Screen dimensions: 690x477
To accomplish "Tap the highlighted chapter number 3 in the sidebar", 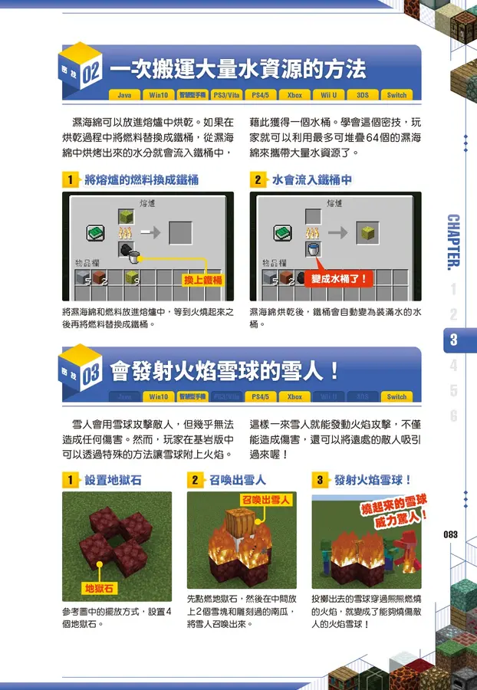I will pos(454,340).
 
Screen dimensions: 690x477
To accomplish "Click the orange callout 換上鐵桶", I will pos(202,280).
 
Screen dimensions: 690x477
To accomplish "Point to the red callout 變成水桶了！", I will pos(339,279).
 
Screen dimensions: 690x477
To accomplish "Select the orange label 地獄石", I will pos(99,588).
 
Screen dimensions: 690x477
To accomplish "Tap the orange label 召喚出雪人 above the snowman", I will pos(265,500).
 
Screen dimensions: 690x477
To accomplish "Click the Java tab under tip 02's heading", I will pos(124,96).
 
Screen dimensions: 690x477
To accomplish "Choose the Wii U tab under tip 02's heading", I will pos(328,96).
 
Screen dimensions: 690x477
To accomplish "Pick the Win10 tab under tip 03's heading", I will pos(159,397).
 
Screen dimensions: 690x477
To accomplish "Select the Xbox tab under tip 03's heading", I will pos(294,397).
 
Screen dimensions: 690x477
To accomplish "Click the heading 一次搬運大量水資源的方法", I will pos(238,71).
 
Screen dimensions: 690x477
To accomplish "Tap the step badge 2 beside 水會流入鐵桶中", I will pos(258,180).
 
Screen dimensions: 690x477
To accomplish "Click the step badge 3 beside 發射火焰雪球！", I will pos(319,481).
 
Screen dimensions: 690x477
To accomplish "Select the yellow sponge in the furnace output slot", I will pos(367,232).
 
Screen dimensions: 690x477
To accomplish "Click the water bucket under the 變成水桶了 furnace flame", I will pos(312,248).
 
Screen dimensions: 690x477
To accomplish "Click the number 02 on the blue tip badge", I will pos(90,73).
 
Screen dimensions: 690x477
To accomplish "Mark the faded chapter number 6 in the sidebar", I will pos(454,416).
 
